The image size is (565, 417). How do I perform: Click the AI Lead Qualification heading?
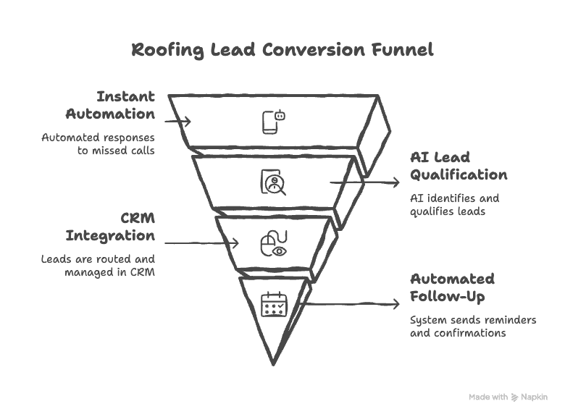coord(457,166)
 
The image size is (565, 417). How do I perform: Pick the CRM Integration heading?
coord(116,227)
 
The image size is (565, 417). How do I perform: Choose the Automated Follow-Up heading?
coord(452,287)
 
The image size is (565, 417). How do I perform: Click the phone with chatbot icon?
coord(274,122)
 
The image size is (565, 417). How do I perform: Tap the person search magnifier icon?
coord(273,182)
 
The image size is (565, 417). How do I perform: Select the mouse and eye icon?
coord(273,243)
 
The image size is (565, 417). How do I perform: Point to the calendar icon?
coord(274,303)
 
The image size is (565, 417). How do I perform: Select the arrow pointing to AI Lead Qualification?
coord(366,182)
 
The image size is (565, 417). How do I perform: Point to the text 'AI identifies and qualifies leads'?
coord(454,203)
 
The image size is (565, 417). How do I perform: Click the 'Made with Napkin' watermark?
coord(507,397)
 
